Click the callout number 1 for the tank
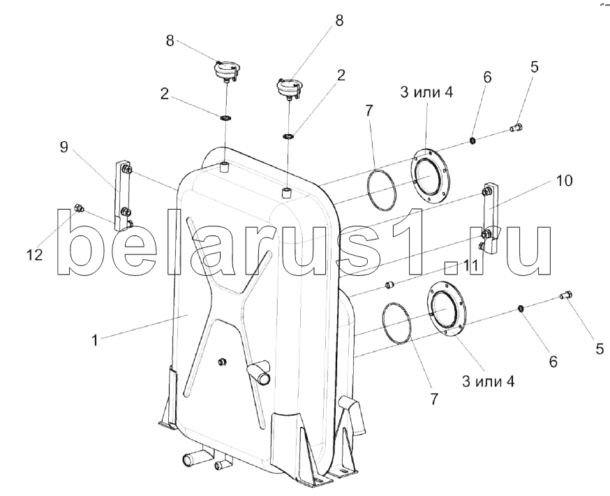(94, 340)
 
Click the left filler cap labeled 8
(227, 69)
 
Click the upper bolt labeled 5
(519, 127)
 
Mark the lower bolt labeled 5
(567, 298)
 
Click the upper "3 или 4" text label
(427, 92)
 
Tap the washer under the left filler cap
(225, 117)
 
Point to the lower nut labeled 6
(522, 308)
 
